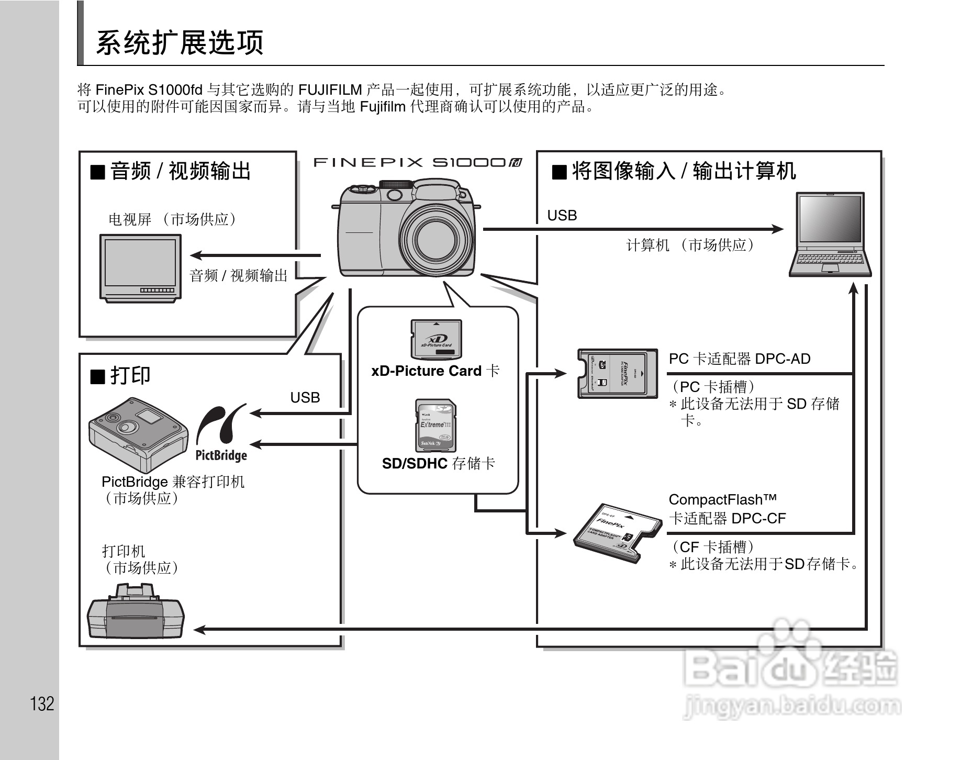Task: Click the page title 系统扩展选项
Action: [x=180, y=43]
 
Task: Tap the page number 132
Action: [x=42, y=703]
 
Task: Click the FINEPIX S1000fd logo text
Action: [x=417, y=163]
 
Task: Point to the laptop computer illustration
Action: [x=830, y=234]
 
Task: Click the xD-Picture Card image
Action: [x=436, y=339]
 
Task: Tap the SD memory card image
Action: [x=435, y=426]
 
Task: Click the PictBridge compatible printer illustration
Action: [x=138, y=430]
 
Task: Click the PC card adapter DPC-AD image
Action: [x=617, y=374]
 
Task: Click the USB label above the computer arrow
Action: [x=562, y=216]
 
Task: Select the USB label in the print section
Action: [x=305, y=398]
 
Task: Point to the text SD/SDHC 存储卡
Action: [x=438, y=463]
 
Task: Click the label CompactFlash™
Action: [x=722, y=499]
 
